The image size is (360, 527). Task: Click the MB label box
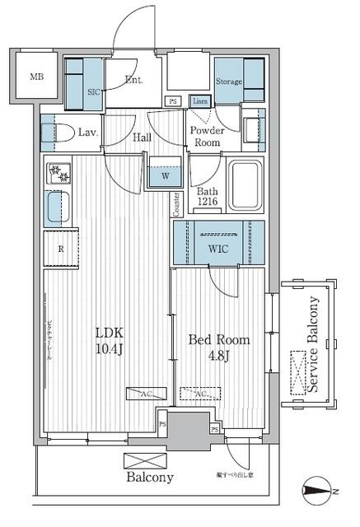tap(37, 78)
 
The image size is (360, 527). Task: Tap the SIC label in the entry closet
tap(93, 91)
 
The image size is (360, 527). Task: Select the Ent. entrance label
tap(133, 81)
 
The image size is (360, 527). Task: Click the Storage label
tap(229, 82)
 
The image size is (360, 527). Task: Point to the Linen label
tap(199, 101)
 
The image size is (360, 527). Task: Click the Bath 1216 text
tap(208, 198)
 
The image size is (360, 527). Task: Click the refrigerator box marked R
tap(61, 249)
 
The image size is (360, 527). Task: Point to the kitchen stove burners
tap(59, 174)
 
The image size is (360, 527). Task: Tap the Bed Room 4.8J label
tap(219, 347)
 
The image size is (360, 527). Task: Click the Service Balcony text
tap(312, 350)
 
